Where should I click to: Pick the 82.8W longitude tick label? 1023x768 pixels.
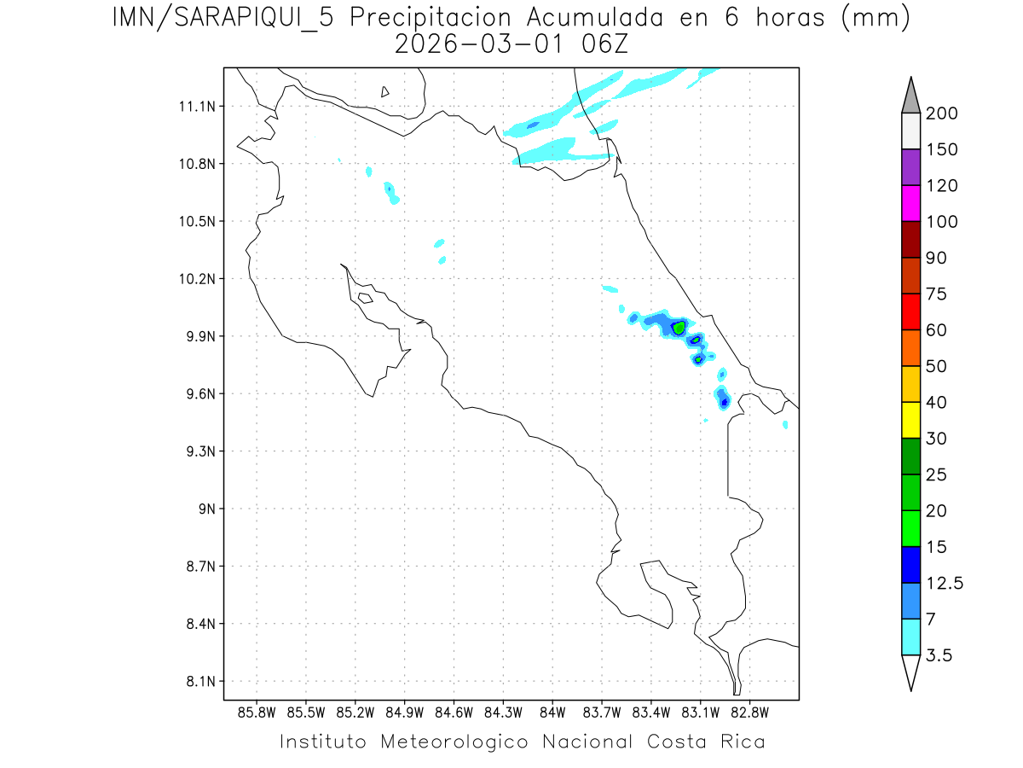click(749, 712)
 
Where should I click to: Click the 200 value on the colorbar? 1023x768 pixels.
click(941, 113)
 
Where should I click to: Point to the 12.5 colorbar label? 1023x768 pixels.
click(945, 583)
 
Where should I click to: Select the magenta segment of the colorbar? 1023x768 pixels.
click(910, 203)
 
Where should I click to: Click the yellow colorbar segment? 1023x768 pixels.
click(910, 420)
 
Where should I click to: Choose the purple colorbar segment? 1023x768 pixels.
click(910, 167)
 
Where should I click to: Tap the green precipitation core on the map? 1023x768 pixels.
click(679, 327)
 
